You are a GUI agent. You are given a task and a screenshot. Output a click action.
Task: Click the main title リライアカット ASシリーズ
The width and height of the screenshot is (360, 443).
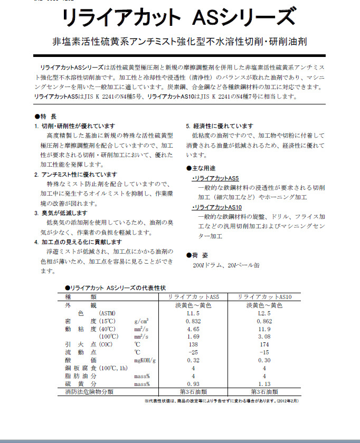tap(178, 17)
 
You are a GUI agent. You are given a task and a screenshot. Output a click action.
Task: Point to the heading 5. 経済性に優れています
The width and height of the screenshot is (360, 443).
tap(220, 126)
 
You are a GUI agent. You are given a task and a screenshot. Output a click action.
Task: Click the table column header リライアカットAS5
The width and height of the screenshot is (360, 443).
tap(194, 297)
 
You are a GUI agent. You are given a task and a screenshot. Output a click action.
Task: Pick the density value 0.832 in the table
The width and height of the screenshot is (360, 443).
tap(194, 321)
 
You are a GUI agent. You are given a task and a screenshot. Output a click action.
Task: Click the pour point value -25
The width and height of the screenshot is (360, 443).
tap(194, 352)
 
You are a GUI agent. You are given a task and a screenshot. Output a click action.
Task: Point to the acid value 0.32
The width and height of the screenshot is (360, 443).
tap(194, 360)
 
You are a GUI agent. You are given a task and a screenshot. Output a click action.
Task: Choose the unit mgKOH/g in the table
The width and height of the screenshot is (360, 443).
tap(146, 360)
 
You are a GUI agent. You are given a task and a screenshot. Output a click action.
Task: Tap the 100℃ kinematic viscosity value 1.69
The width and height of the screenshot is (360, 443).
tap(194, 336)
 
